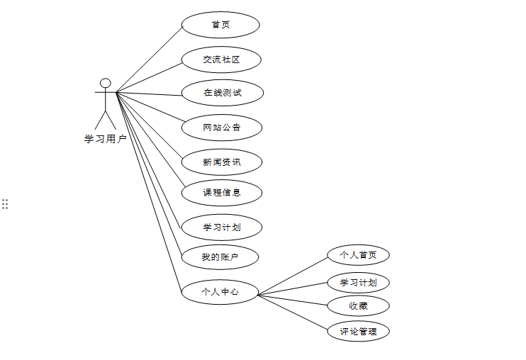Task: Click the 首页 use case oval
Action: (x=220, y=25)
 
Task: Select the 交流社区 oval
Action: (x=221, y=60)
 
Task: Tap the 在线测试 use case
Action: (x=223, y=93)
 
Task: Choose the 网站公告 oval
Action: (x=222, y=128)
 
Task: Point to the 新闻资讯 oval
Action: (x=222, y=162)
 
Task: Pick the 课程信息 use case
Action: (x=222, y=193)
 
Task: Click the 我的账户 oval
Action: (x=220, y=257)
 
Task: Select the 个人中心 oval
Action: (x=220, y=292)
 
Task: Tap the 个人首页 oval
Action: (x=358, y=255)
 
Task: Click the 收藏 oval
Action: (x=358, y=306)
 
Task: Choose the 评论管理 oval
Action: (x=358, y=331)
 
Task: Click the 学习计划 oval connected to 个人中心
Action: (x=358, y=283)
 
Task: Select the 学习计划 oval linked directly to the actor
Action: (x=222, y=227)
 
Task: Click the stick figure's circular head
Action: (x=106, y=83)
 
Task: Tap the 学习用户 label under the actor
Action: (x=106, y=140)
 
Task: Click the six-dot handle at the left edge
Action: (x=5, y=204)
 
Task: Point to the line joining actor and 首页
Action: (x=149, y=60)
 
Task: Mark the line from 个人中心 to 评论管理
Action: (x=293, y=312)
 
